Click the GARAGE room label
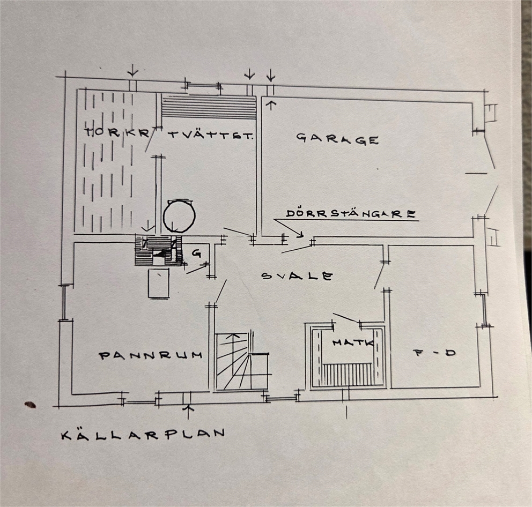[x=337, y=139]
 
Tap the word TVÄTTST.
[x=211, y=136]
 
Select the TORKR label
[x=117, y=132]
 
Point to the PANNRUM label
[x=151, y=355]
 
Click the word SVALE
[x=297, y=275]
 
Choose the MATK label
[x=353, y=343]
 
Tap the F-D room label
[x=434, y=353]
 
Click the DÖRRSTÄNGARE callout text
[x=351, y=214]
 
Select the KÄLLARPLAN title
[x=143, y=434]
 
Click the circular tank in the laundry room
[x=179, y=215]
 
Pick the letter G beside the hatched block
[x=196, y=252]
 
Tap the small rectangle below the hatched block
[x=159, y=284]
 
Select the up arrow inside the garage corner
[x=271, y=105]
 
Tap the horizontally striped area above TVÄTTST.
[x=208, y=107]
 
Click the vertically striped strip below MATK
[x=348, y=375]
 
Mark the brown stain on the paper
[x=30, y=404]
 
